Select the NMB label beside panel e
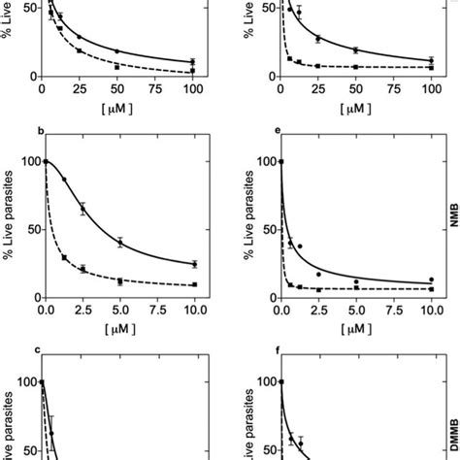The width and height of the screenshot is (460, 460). coord(452,229)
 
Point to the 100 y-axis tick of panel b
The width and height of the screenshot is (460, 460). coord(28,162)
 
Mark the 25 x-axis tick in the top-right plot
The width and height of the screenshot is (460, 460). coord(318,88)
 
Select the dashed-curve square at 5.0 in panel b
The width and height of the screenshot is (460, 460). coord(120,282)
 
